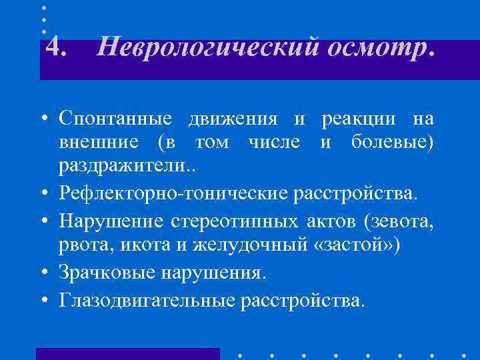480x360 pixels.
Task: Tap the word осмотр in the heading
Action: click(x=371, y=48)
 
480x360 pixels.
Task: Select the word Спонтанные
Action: click(x=117, y=119)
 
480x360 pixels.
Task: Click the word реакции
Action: click(x=351, y=119)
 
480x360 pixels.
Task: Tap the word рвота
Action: click(x=81, y=245)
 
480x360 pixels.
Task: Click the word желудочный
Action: click(x=229, y=245)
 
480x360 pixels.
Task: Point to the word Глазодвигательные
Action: click(x=147, y=301)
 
